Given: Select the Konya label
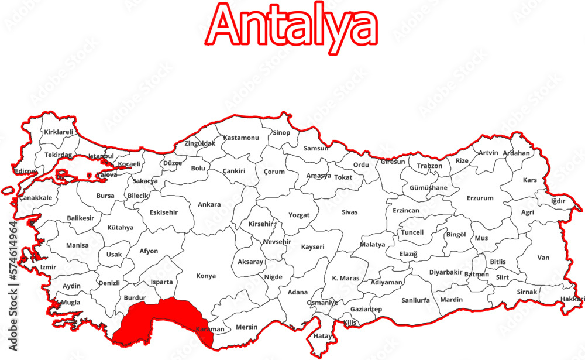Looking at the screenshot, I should click(206, 276).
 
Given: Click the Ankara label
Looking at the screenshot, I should click(209, 204).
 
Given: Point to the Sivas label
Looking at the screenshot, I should click(349, 212).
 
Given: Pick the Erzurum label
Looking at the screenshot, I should click(480, 198).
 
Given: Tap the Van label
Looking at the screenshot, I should click(543, 257).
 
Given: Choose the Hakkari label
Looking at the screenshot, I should click(572, 299).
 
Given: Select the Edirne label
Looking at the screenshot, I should click(25, 171).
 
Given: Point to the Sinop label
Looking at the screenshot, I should click(281, 132).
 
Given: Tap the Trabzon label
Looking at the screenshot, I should click(429, 166).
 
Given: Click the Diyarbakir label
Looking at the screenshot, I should click(446, 272).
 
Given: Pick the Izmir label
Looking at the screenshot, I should click(48, 267).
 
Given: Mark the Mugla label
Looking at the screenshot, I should click(71, 303).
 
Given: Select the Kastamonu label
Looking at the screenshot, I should click(241, 138).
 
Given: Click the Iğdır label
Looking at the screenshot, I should click(558, 201).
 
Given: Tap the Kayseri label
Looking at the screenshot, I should click(312, 247).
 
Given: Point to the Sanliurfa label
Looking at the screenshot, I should click(415, 300).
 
